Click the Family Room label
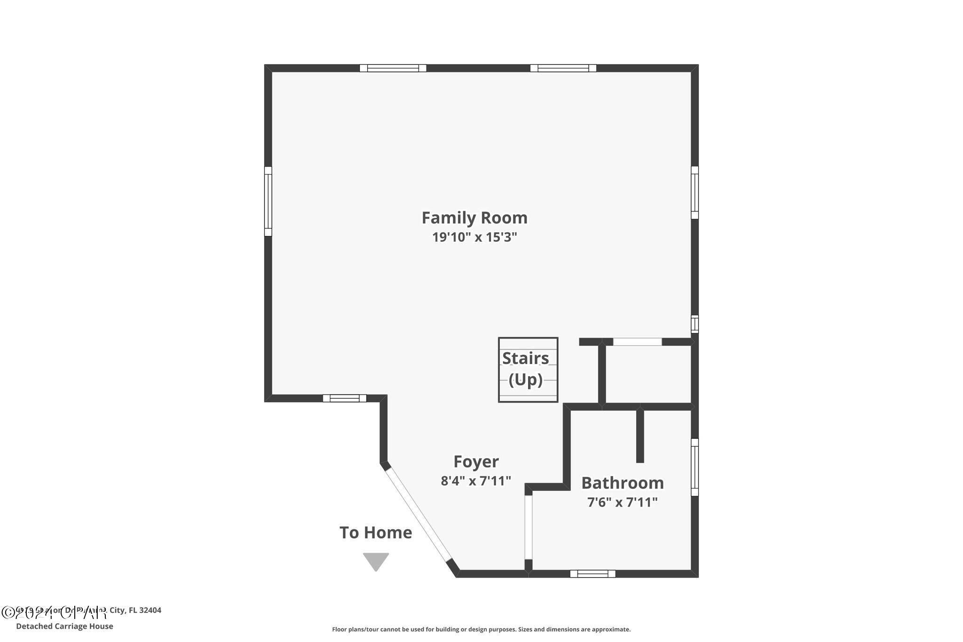pyautogui.click(x=474, y=218)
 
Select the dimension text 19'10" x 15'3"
pyautogui.click(x=474, y=237)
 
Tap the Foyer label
pyautogui.click(x=476, y=461)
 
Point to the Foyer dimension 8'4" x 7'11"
pyautogui.click(x=476, y=481)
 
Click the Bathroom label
pyautogui.click(x=622, y=483)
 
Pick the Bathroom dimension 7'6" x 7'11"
pyautogui.click(x=622, y=502)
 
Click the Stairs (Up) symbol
pyautogui.click(x=528, y=370)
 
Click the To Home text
pyautogui.click(x=376, y=532)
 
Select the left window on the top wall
pyautogui.click(x=393, y=68)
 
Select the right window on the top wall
pyautogui.click(x=563, y=68)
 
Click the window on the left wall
pyautogui.click(x=268, y=201)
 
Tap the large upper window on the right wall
pyautogui.click(x=695, y=192)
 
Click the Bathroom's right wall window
pyautogui.click(x=695, y=467)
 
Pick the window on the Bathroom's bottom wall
pyautogui.click(x=592, y=573)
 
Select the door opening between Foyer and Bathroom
pyautogui.click(x=529, y=527)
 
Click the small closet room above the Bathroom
pyautogui.click(x=647, y=374)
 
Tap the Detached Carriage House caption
pyautogui.click(x=64, y=626)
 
